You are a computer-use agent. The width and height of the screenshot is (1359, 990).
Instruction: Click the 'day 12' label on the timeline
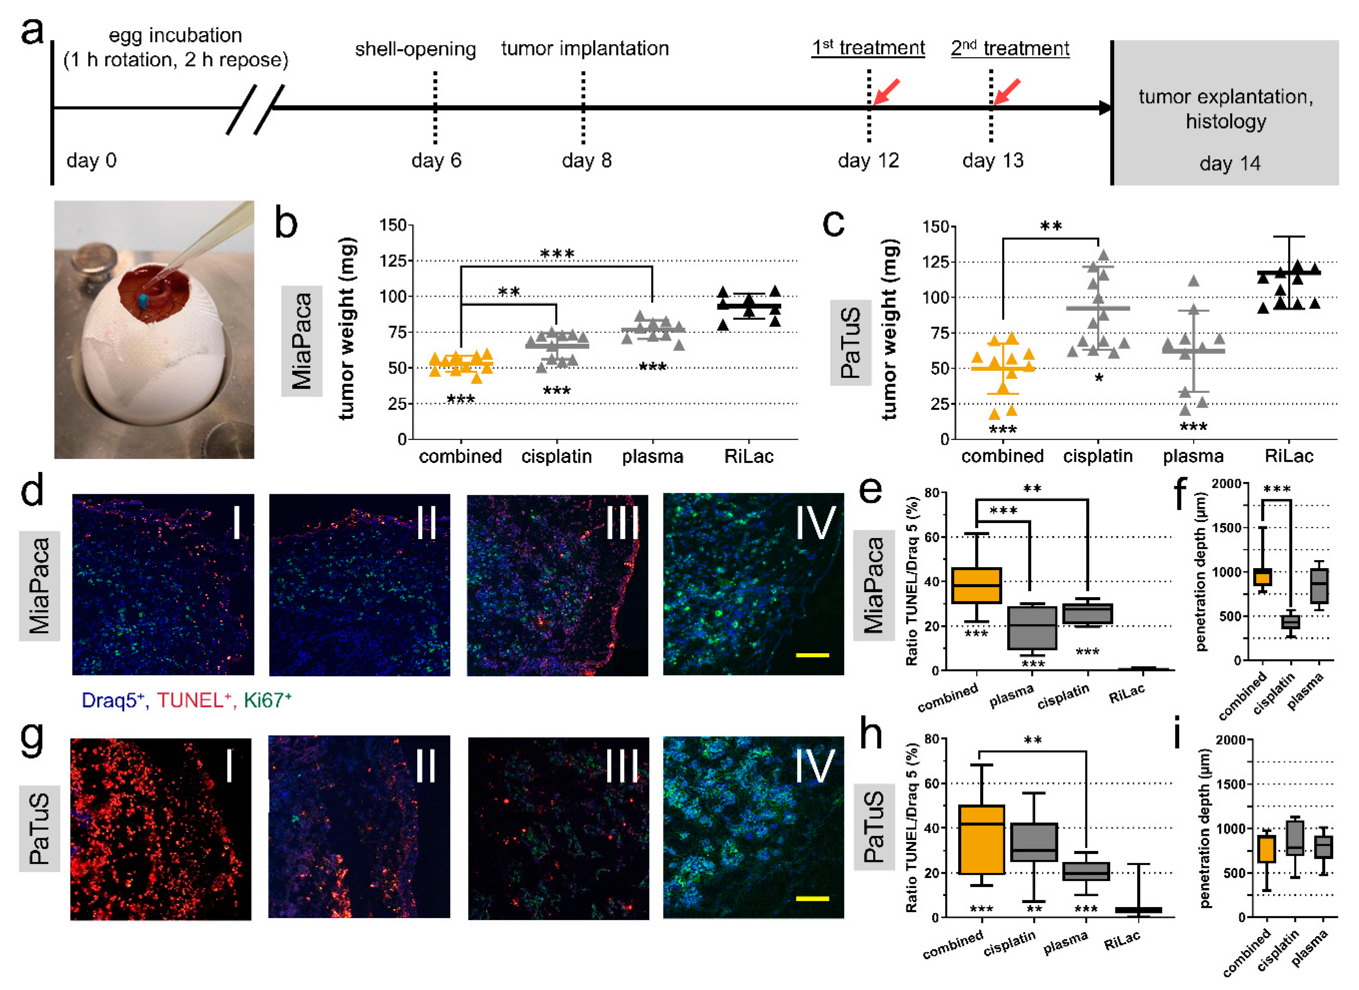point(868,161)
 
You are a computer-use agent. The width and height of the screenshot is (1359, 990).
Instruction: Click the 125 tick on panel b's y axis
point(393,261)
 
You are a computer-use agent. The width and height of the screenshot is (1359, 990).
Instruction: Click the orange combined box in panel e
point(976,585)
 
